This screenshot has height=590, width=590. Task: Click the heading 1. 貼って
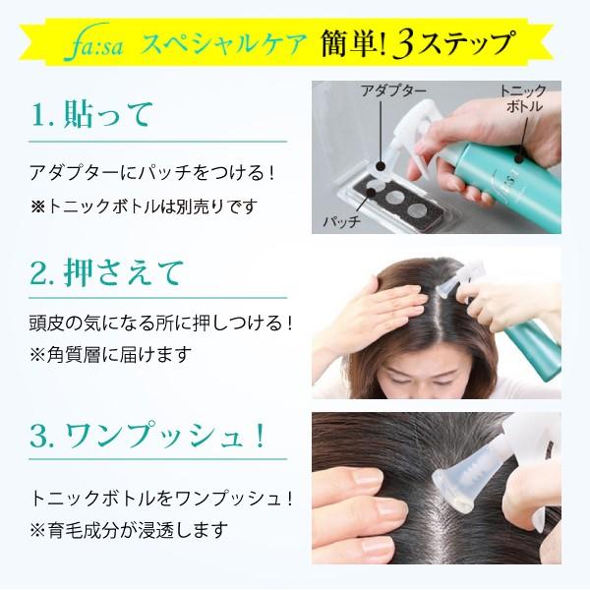click(x=93, y=114)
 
